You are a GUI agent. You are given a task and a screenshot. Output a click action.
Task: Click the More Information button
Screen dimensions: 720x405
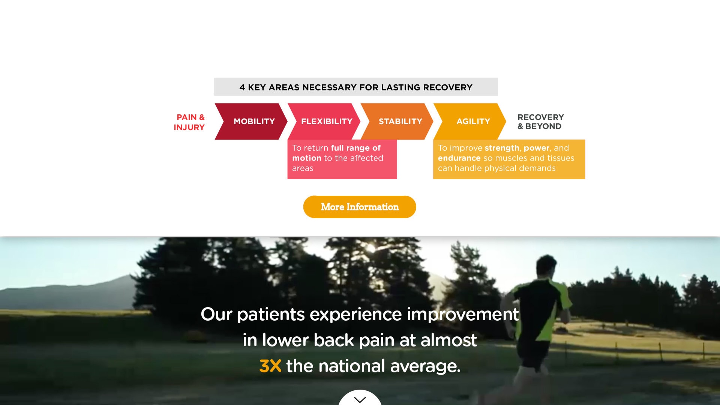click(x=360, y=207)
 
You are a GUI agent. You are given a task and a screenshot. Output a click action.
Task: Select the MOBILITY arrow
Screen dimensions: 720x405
click(x=251, y=121)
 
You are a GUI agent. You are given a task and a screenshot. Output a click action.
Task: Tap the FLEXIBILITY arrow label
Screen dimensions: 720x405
click(x=327, y=121)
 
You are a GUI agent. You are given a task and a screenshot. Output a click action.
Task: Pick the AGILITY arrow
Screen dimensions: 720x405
click(x=469, y=121)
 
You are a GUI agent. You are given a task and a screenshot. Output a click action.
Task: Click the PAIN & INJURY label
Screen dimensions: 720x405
click(x=189, y=122)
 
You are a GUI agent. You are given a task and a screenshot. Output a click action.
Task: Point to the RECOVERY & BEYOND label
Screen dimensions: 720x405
click(x=540, y=122)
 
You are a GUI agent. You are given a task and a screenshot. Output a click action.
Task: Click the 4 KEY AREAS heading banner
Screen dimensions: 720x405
click(x=356, y=87)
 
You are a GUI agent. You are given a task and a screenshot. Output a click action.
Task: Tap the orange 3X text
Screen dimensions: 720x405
click(x=270, y=366)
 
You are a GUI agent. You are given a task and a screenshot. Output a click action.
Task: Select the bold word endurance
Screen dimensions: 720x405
click(x=459, y=158)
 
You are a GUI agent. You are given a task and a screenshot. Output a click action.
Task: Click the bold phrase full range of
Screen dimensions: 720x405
click(x=356, y=148)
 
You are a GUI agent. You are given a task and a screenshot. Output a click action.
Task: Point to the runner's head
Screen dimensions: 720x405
click(x=546, y=266)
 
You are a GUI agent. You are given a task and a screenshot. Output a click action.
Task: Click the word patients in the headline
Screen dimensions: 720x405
click(x=271, y=315)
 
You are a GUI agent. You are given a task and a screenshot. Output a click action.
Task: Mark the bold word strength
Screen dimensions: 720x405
click(x=502, y=148)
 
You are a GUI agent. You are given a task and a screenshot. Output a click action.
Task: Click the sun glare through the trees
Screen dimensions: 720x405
click(x=370, y=248)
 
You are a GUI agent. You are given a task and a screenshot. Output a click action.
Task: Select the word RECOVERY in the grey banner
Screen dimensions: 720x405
click(x=447, y=87)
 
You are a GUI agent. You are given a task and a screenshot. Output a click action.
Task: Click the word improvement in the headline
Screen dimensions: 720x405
click(x=463, y=315)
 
